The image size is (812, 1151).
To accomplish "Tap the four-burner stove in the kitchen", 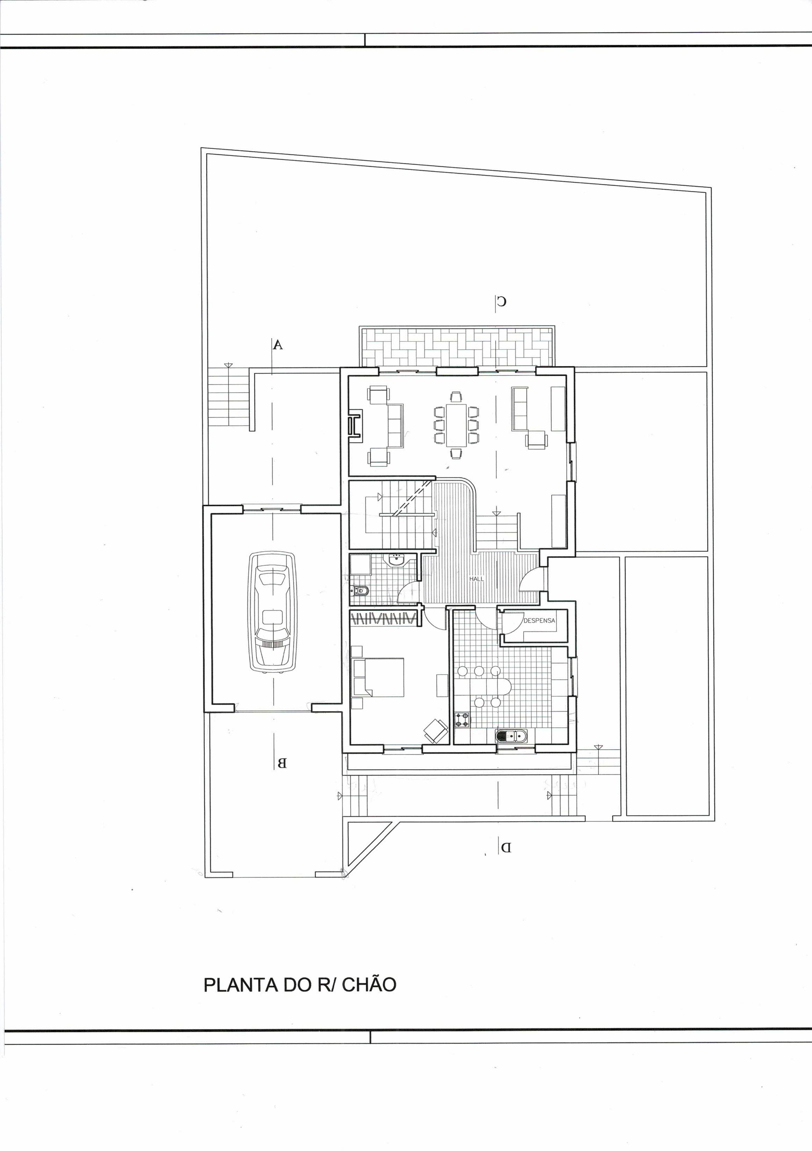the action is point(462,720).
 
